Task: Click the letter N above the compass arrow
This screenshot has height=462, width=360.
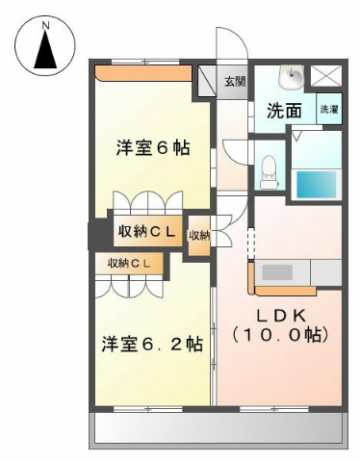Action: tap(46, 25)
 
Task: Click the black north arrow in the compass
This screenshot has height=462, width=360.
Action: tap(45, 50)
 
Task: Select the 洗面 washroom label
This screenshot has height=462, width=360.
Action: tap(285, 111)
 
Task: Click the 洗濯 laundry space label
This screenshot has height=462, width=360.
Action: tap(328, 110)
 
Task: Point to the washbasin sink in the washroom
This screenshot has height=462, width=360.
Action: tap(291, 77)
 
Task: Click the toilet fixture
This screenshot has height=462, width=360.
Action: tap(269, 171)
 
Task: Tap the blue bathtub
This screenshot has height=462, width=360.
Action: tap(317, 184)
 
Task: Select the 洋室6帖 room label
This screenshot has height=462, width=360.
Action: tap(153, 148)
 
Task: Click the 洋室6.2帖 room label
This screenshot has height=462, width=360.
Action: tap(152, 344)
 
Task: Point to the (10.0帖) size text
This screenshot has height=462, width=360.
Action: tap(280, 335)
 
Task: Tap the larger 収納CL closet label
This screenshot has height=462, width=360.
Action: tap(146, 231)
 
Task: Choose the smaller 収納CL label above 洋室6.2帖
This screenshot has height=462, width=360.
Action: tap(129, 264)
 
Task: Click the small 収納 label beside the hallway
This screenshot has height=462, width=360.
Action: tap(199, 236)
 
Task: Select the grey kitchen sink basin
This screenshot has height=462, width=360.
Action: tap(277, 272)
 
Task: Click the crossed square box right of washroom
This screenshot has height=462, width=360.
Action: tap(326, 76)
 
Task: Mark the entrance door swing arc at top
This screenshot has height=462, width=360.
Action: tap(239, 39)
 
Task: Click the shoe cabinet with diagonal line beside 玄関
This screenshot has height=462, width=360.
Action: tap(206, 81)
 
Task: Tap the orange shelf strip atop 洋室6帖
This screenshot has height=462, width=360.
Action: tap(143, 73)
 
